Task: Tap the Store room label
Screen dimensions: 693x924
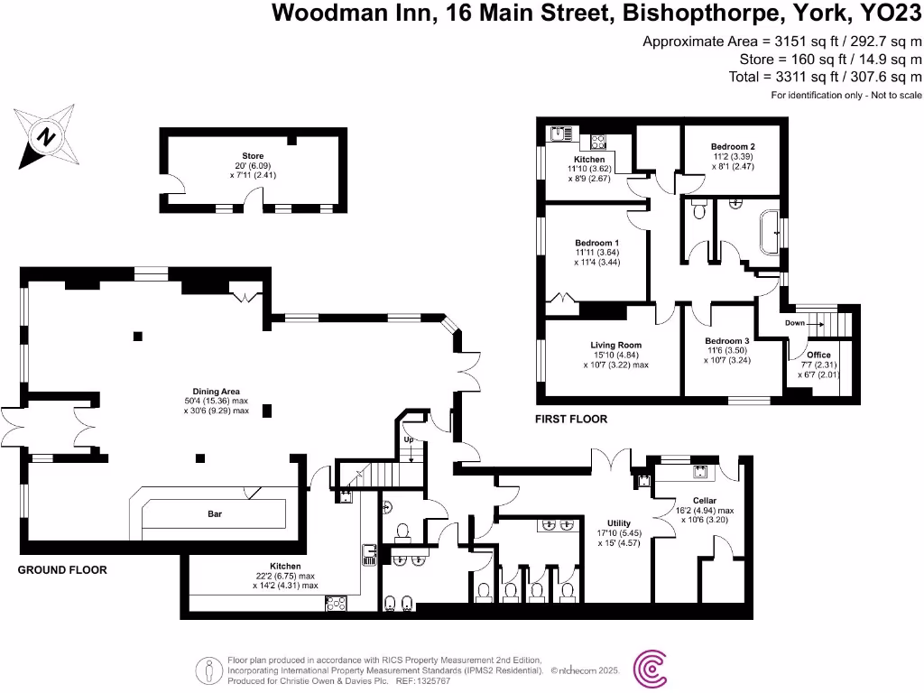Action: click(253, 156)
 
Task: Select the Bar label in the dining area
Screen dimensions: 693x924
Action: click(214, 514)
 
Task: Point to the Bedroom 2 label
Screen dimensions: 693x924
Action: click(732, 147)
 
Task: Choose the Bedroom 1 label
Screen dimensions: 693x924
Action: click(597, 243)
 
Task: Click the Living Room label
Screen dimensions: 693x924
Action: click(616, 345)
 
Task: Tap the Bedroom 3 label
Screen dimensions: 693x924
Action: click(727, 341)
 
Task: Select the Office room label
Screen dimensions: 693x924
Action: click(818, 355)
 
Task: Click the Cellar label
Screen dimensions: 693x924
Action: click(704, 500)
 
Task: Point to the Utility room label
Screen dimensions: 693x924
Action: click(618, 522)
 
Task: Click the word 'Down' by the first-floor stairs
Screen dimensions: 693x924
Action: click(795, 322)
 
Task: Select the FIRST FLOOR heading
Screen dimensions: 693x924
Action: click(571, 419)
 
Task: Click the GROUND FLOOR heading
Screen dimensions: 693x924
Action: click(62, 569)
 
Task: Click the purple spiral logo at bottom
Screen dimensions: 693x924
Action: click(651, 670)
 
